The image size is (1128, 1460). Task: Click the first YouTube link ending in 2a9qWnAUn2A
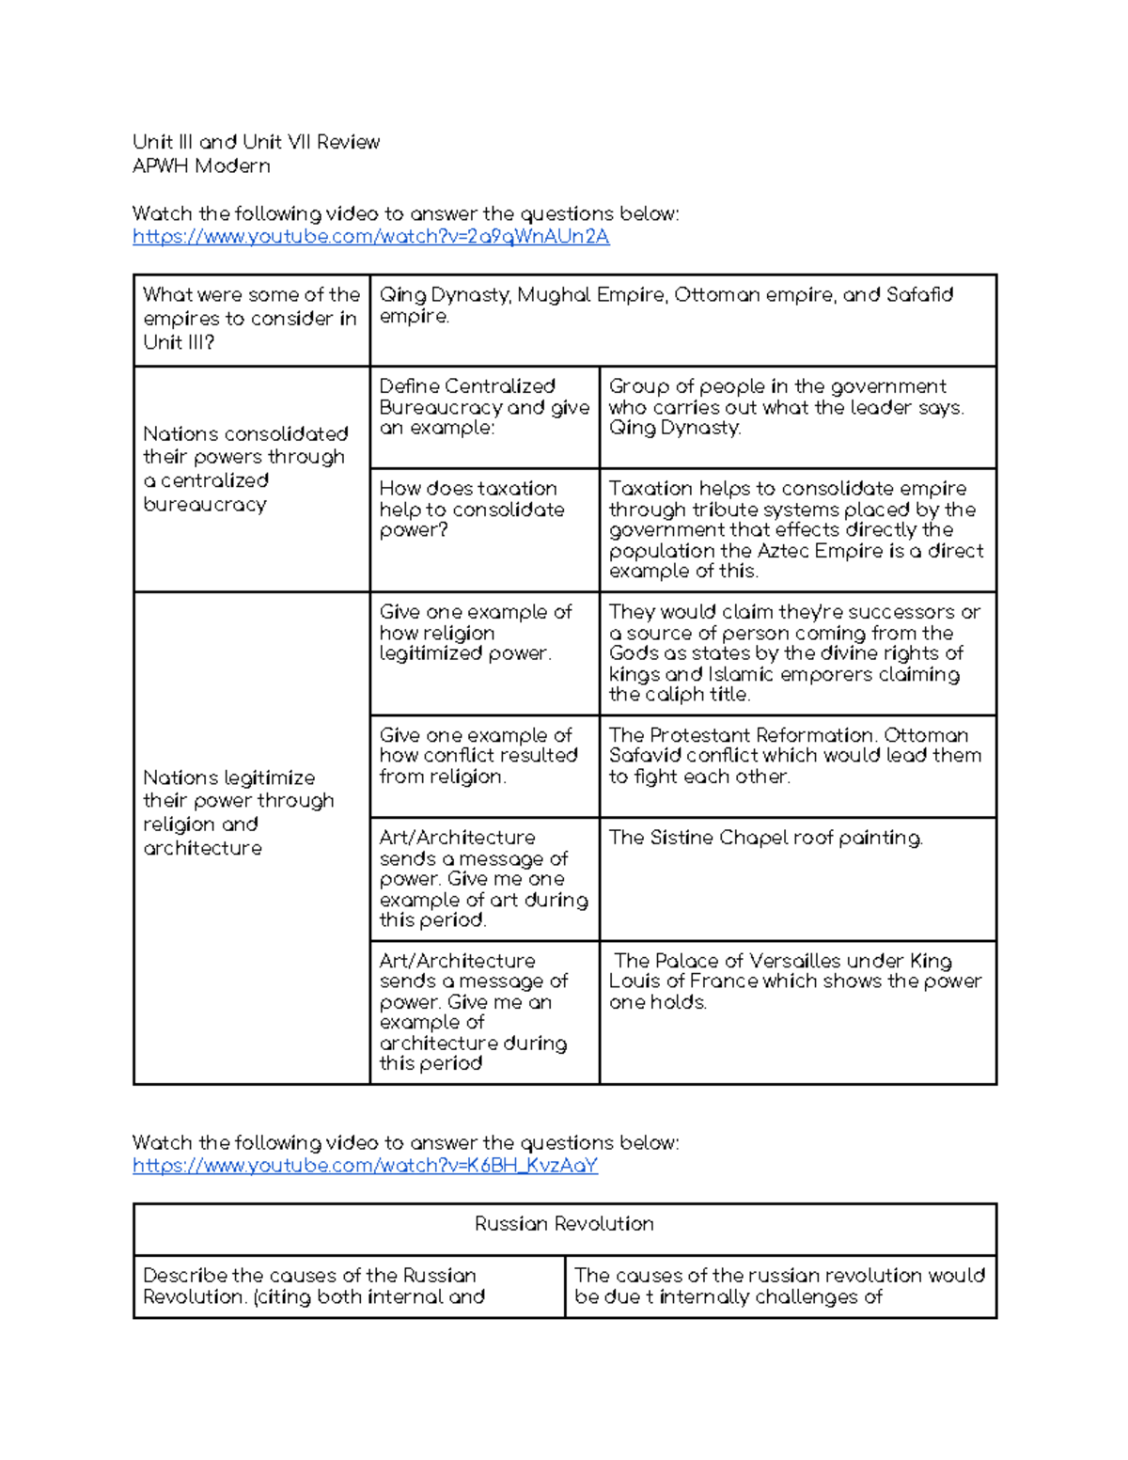click(370, 237)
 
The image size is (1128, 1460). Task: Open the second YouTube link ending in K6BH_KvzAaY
click(365, 1166)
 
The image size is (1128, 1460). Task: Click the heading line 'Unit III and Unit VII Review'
click(256, 142)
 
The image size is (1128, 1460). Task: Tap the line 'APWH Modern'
click(201, 166)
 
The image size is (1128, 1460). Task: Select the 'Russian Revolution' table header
click(564, 1224)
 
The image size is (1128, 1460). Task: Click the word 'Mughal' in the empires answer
click(554, 295)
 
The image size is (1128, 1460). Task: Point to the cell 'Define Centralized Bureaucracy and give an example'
click(483, 407)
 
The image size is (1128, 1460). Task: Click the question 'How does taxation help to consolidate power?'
click(471, 509)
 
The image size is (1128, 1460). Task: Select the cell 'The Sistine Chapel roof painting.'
click(765, 838)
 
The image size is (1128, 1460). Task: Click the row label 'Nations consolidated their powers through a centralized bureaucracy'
click(244, 469)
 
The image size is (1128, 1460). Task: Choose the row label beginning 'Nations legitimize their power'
click(239, 812)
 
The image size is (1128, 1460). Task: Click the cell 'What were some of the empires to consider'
click(250, 319)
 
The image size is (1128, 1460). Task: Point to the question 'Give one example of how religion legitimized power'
click(475, 633)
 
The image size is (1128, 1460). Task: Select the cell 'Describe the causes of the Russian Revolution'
click(314, 1286)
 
